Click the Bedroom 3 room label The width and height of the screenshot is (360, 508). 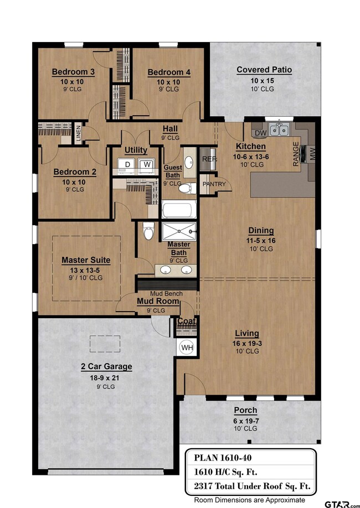click(x=73, y=72)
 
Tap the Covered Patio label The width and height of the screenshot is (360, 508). click(x=264, y=70)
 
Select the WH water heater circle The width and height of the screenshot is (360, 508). click(x=187, y=348)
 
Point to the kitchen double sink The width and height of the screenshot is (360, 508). click(x=280, y=129)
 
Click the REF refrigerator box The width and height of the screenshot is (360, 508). click(x=208, y=159)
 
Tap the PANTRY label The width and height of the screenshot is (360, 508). click(x=214, y=184)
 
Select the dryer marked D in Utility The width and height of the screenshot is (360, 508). click(x=127, y=164)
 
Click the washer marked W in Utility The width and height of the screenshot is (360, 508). click(x=147, y=164)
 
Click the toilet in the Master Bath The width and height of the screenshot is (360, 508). click(x=148, y=230)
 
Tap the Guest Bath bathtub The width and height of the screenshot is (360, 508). click(x=179, y=209)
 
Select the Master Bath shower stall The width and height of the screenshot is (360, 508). click(x=179, y=232)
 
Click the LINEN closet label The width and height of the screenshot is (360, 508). click(x=79, y=134)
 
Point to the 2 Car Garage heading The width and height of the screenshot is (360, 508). click(x=106, y=366)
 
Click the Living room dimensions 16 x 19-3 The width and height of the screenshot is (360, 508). click(x=247, y=344)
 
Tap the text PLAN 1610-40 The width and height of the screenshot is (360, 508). click(x=223, y=458)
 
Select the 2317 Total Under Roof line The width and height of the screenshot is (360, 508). click(x=252, y=486)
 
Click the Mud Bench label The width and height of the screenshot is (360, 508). click(x=166, y=293)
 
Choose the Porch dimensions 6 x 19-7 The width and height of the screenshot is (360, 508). click(x=246, y=421)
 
